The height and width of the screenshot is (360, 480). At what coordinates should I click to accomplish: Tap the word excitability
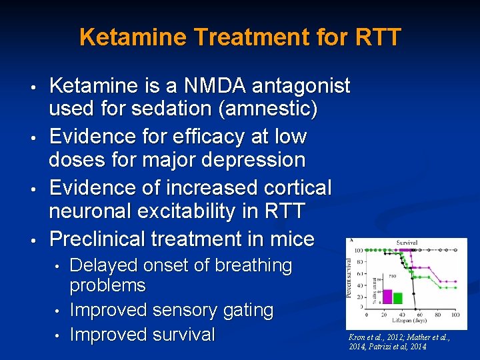point(195,212)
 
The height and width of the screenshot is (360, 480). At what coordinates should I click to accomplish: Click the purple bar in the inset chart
point(387,295)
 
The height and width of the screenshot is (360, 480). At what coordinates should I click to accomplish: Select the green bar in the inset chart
point(397,297)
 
